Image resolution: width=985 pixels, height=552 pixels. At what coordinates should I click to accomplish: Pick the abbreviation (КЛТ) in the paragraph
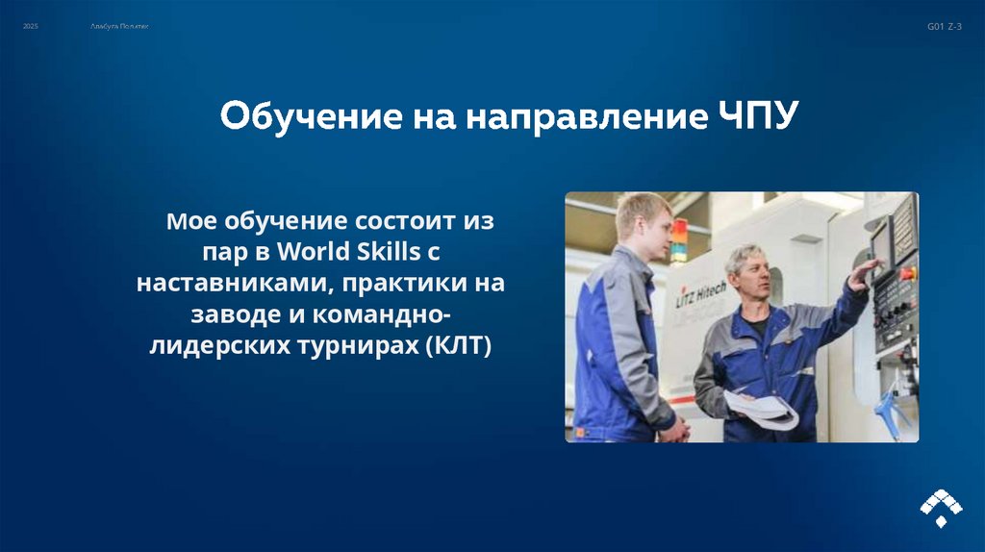pyautogui.click(x=457, y=345)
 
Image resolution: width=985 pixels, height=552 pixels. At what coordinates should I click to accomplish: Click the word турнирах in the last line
pyautogui.click(x=365, y=345)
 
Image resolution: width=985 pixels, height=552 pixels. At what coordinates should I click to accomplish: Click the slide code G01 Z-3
pyautogui.click(x=944, y=27)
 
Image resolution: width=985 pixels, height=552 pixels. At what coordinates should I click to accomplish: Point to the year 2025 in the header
pyautogui.click(x=31, y=27)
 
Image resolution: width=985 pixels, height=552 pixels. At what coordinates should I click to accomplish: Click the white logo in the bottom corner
pyautogui.click(x=941, y=507)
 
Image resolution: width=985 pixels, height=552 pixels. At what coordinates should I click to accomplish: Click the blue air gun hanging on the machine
pyautogui.click(x=894, y=414)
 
